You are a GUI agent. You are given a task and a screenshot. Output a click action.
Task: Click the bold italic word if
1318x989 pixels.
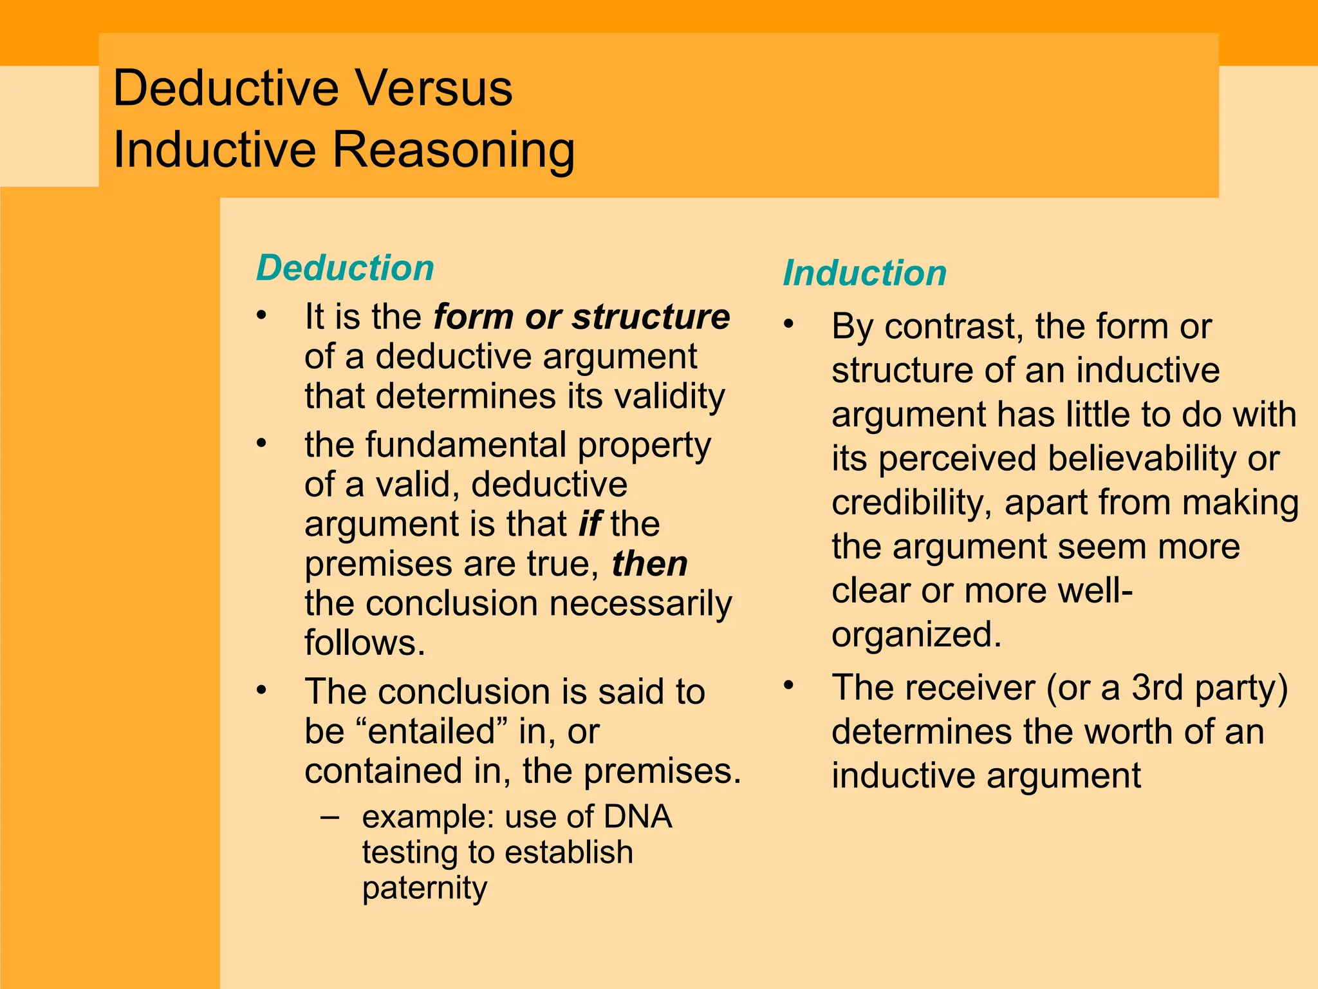pos(589,523)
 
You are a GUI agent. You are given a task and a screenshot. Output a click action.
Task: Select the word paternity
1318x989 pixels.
pos(425,888)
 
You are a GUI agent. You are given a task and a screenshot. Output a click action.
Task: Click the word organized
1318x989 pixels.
pos(916,635)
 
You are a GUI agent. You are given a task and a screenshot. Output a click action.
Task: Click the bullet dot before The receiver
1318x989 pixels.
pos(789,684)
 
